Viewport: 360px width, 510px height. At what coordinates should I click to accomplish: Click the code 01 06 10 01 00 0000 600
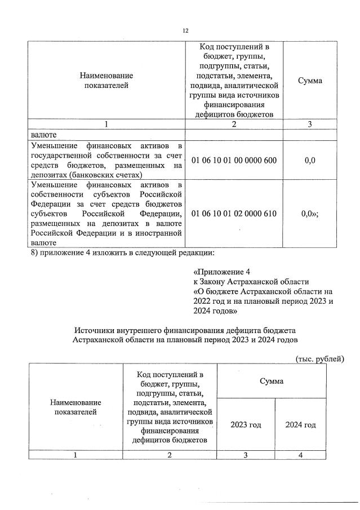[234, 161]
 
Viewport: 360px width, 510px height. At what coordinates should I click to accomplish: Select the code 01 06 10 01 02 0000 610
[234, 214]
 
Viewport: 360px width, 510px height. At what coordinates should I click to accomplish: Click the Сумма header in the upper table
[310, 81]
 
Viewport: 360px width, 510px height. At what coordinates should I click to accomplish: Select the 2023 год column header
[246, 424]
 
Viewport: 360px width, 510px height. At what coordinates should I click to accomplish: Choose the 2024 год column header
[300, 424]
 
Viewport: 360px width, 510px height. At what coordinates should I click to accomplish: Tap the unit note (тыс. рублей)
[319, 359]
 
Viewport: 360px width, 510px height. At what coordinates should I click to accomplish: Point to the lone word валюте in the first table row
[44, 135]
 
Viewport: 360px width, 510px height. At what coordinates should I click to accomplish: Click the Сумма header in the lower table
[273, 381]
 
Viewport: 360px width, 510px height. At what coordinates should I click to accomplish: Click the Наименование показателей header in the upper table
[106, 81]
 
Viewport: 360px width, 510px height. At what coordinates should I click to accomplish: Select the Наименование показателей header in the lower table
[75, 407]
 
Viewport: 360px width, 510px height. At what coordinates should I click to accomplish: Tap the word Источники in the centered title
[94, 330]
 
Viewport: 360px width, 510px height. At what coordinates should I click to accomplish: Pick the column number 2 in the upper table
[234, 125]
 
